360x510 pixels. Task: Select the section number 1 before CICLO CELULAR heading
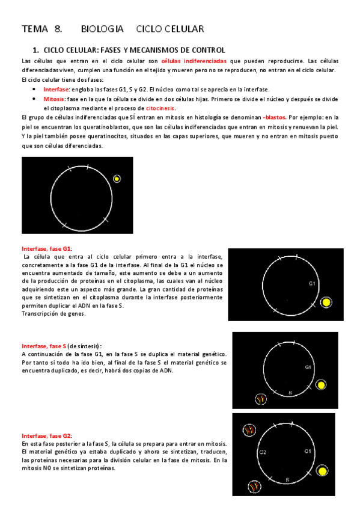pyautogui.click(x=35, y=50)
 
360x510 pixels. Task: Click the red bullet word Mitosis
pyautogui.click(x=54, y=99)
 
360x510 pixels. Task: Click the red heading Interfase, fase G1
pyautogui.click(x=47, y=248)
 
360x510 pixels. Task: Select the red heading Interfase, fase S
pyautogui.click(x=43, y=346)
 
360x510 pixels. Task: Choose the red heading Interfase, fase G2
pyautogui.click(x=47, y=435)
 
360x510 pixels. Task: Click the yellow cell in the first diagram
pyautogui.click(x=117, y=179)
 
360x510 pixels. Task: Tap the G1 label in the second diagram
pyautogui.click(x=312, y=282)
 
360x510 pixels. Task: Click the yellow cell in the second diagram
pyautogui.click(x=326, y=302)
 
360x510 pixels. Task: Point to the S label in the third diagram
pyautogui.click(x=290, y=392)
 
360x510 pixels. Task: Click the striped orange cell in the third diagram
pyautogui.click(x=260, y=399)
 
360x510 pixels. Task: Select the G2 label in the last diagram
pyautogui.click(x=263, y=452)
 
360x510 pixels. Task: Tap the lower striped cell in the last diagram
pyautogui.click(x=254, y=486)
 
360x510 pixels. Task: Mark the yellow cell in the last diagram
pyautogui.click(x=324, y=472)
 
